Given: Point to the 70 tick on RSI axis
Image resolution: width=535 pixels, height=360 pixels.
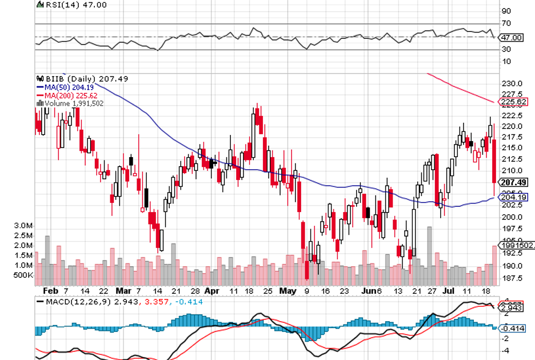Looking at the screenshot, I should pos(506,23).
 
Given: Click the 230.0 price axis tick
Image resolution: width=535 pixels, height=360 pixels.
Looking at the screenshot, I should pos(513,83).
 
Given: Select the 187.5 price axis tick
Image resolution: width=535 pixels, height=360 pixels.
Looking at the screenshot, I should pos(513,278).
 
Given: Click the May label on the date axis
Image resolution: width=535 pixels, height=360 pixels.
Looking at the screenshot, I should pos(288,290).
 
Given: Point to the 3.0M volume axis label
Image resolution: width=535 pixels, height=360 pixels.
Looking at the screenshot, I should pos(23,226).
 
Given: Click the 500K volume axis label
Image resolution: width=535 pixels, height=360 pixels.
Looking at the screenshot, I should pos(23,275).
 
